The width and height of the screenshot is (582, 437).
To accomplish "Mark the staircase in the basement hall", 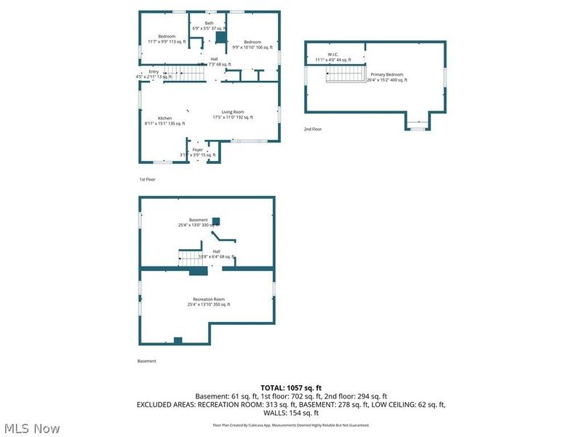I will point(188,257).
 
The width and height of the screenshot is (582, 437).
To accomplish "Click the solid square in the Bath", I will point(222,36).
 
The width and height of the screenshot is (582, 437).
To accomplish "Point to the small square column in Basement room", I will point(216,221).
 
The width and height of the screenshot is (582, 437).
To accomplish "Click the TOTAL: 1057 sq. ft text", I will point(291,387).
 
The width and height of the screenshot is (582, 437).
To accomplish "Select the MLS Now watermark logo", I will point(31,428).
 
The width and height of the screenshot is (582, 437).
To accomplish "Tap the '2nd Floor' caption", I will point(313,129).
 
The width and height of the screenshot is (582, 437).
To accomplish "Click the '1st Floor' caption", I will point(147,179).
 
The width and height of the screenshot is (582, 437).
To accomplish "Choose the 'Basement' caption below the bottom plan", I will point(146,361).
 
